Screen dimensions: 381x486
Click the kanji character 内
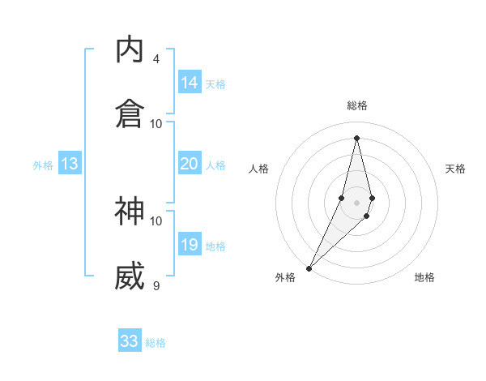130,50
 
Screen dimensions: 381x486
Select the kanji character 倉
130,112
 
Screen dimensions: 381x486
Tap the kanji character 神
130,211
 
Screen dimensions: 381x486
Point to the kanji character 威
130,276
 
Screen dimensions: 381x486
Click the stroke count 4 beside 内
156,59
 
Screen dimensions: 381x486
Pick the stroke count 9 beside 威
156,285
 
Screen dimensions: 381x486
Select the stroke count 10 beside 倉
156,123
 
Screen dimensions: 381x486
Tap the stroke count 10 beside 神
156,220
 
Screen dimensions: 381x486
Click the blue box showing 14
190,83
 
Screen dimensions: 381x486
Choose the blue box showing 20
190,164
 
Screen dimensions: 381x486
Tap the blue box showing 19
190,245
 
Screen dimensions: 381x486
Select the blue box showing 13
70,164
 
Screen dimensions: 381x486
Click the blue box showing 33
130,341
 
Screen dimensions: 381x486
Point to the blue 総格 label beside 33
156,343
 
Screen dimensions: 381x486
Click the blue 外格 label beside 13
43,165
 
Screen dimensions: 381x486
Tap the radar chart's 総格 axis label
356,105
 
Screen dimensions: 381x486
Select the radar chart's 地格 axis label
424,277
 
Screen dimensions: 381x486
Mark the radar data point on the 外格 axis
309,267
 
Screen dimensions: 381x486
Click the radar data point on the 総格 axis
356,137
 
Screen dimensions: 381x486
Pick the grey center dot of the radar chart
356,201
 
